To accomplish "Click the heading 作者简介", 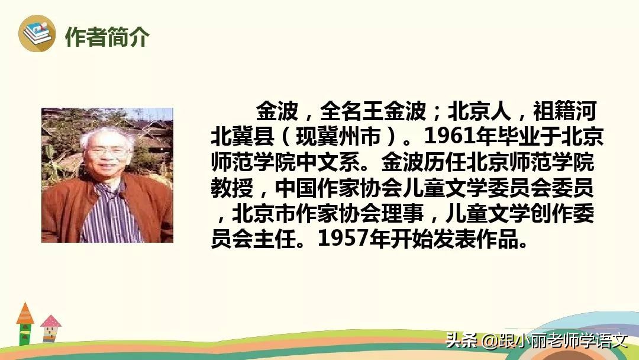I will pyautogui.click(x=107, y=37).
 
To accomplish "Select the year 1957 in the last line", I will pyautogui.click(x=340, y=239).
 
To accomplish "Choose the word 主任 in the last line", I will pyautogui.click(x=286, y=239).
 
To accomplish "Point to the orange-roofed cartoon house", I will pyautogui.click(x=25, y=323).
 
